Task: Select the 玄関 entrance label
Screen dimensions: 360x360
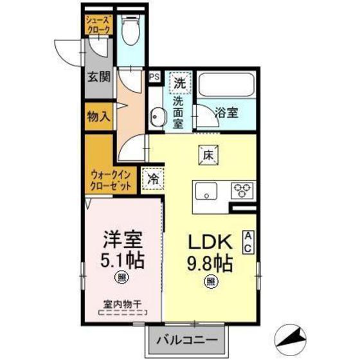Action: pos(99,77)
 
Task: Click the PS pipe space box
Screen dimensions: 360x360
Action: pos(154,76)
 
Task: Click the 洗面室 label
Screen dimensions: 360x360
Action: pos(178,109)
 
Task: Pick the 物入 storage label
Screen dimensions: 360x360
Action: pos(99,117)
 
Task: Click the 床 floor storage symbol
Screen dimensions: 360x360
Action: pos(208,154)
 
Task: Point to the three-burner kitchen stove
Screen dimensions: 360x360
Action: pos(242,190)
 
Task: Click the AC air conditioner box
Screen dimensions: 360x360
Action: pos(248,242)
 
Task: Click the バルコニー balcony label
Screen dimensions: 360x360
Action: pos(189,339)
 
